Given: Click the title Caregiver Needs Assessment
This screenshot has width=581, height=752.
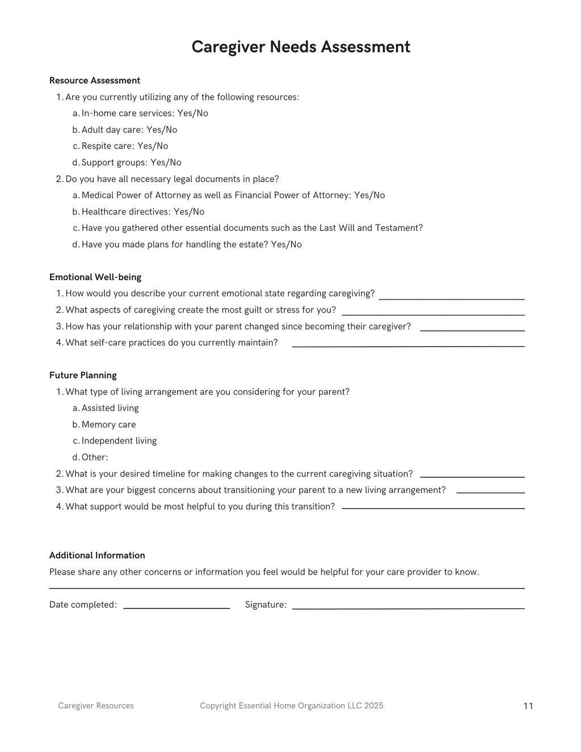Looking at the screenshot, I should [301, 47].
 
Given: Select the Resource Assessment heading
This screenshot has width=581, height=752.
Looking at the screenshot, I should [95, 81].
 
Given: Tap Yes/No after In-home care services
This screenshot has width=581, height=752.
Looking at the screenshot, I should [192, 113].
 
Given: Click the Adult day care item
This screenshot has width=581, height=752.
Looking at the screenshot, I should [129, 130].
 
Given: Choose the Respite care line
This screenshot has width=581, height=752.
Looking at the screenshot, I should [124, 146].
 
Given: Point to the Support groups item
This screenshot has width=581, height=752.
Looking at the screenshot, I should [131, 163].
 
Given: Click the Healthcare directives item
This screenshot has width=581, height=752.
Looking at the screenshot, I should [142, 212].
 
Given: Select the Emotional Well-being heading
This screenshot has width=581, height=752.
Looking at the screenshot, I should [95, 277].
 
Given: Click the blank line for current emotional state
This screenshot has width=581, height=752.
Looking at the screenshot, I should [452, 298].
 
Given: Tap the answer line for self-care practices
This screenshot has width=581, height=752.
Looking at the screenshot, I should [408, 345].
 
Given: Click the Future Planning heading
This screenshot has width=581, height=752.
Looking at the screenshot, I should [83, 375].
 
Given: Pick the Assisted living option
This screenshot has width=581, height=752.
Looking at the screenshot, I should [110, 408].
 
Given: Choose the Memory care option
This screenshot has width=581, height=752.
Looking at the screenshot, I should [108, 425].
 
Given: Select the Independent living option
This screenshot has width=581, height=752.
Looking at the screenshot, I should [119, 441].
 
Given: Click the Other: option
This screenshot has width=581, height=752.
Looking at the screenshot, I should [94, 458].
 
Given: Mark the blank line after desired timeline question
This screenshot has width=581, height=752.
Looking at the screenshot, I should [472, 476].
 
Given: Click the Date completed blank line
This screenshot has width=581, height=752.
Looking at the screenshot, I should [176, 607].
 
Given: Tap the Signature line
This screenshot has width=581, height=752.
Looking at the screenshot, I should [408, 607].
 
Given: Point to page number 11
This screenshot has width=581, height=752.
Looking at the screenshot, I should [528, 706].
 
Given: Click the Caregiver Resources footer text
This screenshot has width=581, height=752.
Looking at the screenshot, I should [96, 706].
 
